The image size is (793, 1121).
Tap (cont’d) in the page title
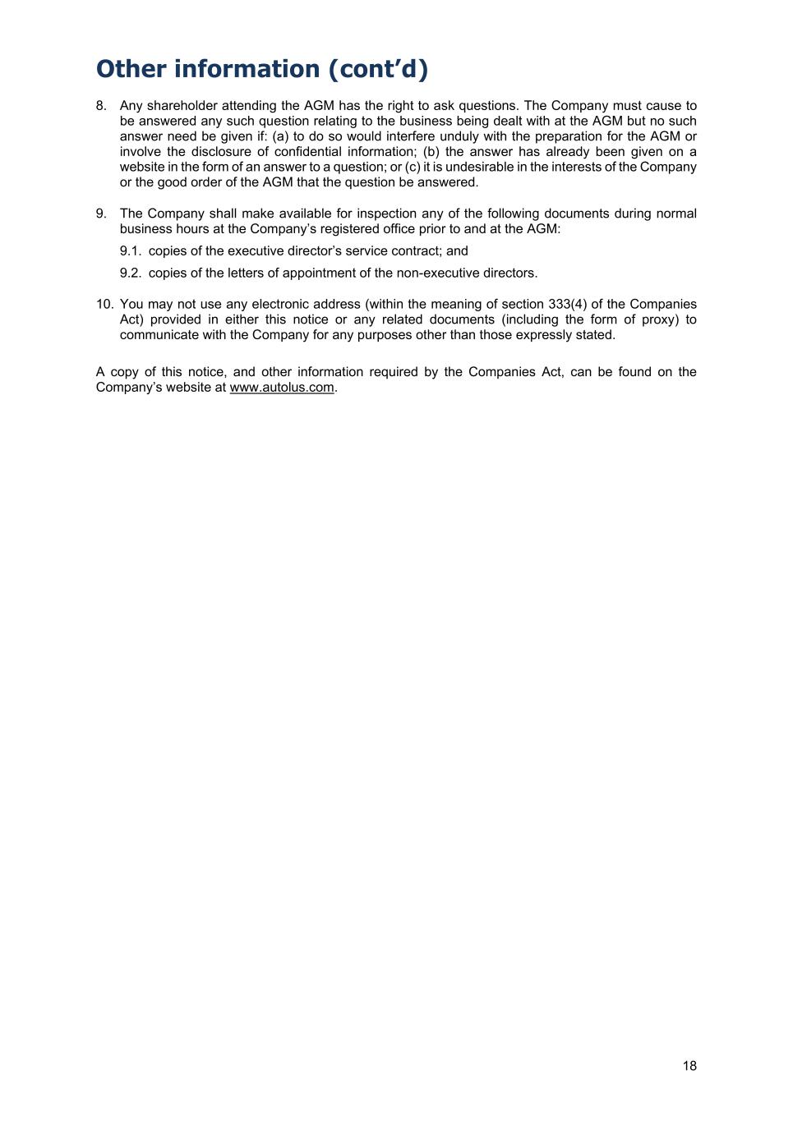pos(378,69)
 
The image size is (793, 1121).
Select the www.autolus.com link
pos(282,388)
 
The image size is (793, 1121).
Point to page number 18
pos(689,1066)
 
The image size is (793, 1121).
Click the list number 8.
pos(101,106)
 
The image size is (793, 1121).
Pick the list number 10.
pos(104,304)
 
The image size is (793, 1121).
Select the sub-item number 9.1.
pos(131,251)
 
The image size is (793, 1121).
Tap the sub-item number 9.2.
pos(131,273)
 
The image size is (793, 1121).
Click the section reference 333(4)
pos(567,304)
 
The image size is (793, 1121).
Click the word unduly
pos(457,136)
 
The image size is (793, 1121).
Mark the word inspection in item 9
pos(386,214)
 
